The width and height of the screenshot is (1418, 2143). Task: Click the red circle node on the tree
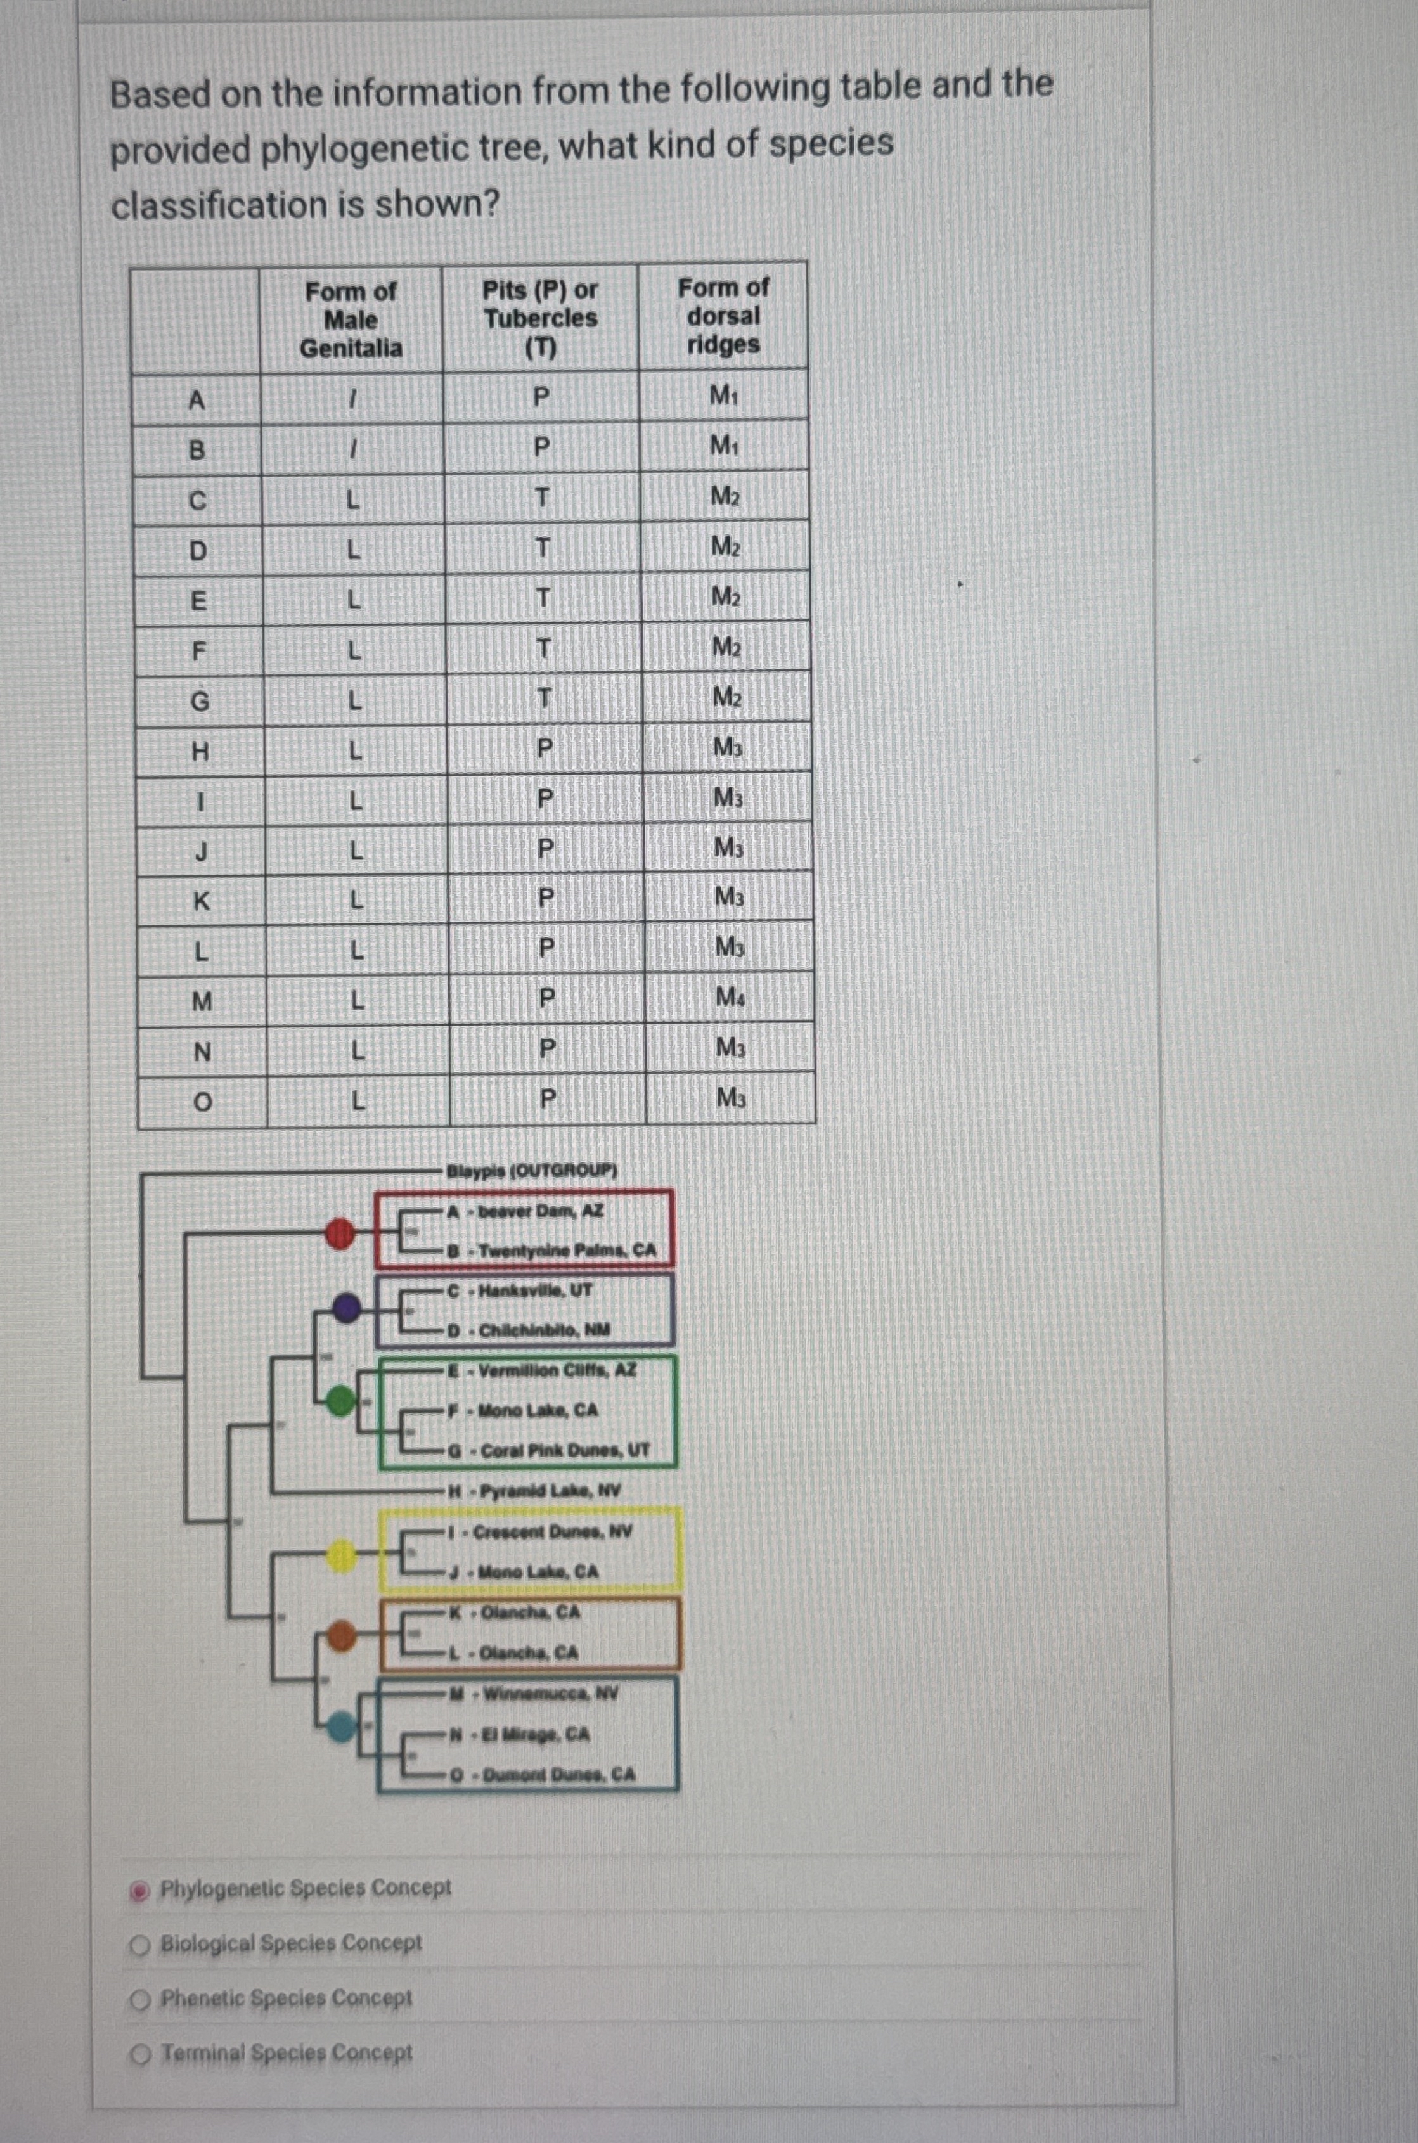pos(340,1232)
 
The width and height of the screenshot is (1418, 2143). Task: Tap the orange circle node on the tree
pos(342,1635)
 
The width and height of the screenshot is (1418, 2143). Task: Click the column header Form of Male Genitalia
pos(351,319)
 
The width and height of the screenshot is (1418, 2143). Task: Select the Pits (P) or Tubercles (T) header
pos(540,318)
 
